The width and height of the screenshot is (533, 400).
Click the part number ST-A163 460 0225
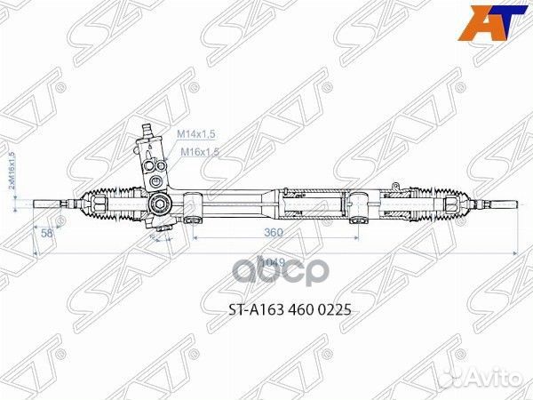[x=266, y=311]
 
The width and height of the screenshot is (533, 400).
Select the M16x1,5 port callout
[x=199, y=152]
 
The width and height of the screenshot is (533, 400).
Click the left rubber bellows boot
[x=111, y=204]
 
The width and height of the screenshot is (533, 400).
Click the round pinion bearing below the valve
[x=161, y=204]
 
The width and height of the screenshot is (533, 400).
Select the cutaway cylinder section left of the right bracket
[x=311, y=204]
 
